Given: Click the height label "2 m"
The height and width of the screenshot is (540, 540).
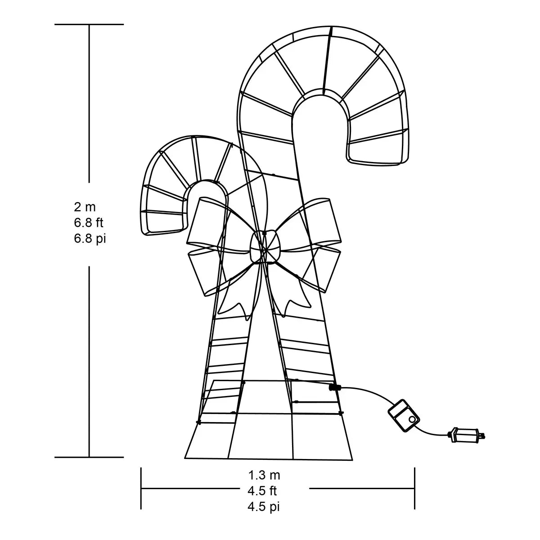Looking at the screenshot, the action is click(x=85, y=207).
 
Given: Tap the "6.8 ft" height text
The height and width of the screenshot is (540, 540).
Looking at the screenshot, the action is click(x=89, y=223).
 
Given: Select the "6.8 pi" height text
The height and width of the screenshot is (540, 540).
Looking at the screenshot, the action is click(x=90, y=239).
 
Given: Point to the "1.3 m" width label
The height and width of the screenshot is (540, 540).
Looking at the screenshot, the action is click(x=264, y=475).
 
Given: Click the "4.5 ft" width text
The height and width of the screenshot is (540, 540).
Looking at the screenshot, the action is click(x=262, y=491).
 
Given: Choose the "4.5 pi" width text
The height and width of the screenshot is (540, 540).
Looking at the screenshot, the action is click(x=264, y=507).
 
